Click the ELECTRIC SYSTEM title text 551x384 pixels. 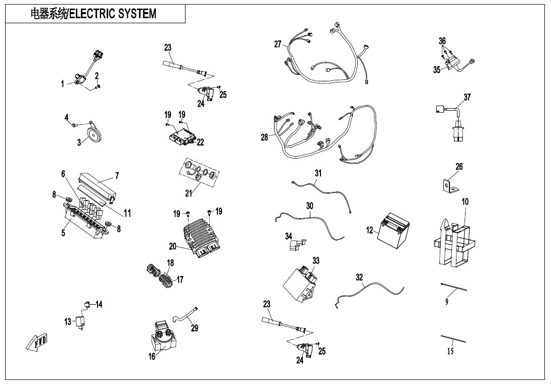[94, 14]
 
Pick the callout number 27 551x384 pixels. [278, 44]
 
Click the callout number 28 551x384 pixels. [264, 137]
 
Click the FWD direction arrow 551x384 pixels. [37, 342]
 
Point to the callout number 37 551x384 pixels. [467, 97]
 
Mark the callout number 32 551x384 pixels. [359, 277]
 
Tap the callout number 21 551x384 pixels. [189, 193]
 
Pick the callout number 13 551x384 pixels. [68, 322]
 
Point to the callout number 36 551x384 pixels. [442, 41]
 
